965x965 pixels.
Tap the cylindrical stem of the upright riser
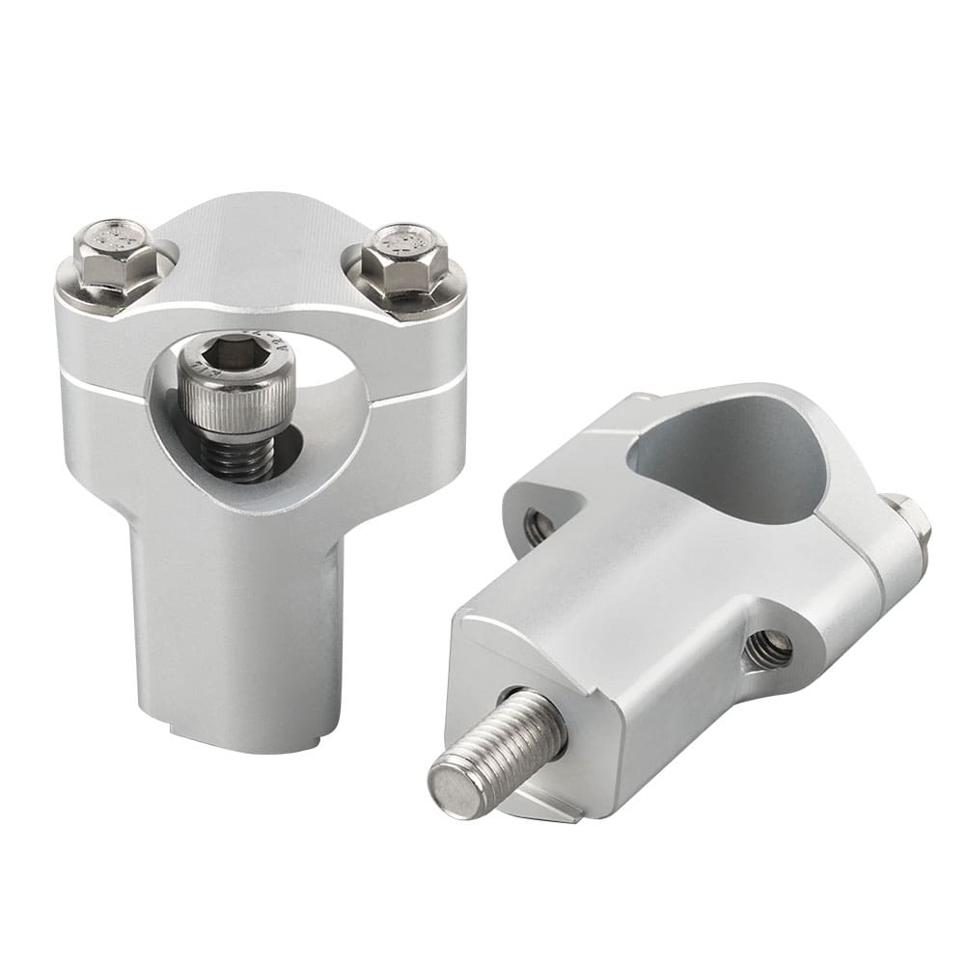[236, 627]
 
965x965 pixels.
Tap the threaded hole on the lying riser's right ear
[769, 650]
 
